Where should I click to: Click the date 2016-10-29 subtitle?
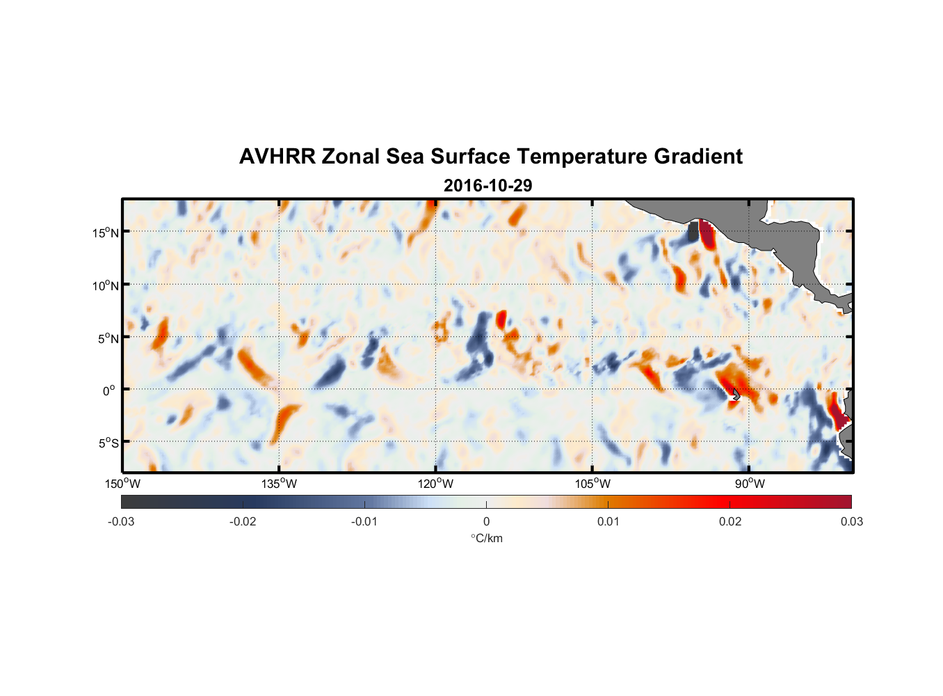pyautogui.click(x=487, y=186)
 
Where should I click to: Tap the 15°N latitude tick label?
pyautogui.click(x=106, y=232)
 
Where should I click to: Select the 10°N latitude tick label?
pyautogui.click(x=106, y=285)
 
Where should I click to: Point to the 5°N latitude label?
pyautogui.click(x=108, y=338)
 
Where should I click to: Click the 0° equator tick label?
pyautogui.click(x=109, y=391)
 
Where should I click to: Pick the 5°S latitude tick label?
pyautogui.click(x=108, y=443)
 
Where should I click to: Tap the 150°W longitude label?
pyautogui.click(x=122, y=484)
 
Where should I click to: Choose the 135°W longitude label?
pyautogui.click(x=279, y=484)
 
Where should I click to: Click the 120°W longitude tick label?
pyautogui.click(x=435, y=484)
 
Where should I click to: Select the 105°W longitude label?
pyautogui.click(x=593, y=484)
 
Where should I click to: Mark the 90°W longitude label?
pyautogui.click(x=749, y=484)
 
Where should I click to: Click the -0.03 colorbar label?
pyautogui.click(x=121, y=521)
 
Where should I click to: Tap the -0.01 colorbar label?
pyautogui.click(x=364, y=521)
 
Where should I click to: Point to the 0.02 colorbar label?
pyautogui.click(x=730, y=521)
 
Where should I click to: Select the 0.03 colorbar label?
pyautogui.click(x=851, y=521)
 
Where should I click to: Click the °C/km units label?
pyautogui.click(x=487, y=538)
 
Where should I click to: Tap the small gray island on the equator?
pyautogui.click(x=735, y=394)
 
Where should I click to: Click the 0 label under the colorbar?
pyautogui.click(x=486, y=521)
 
